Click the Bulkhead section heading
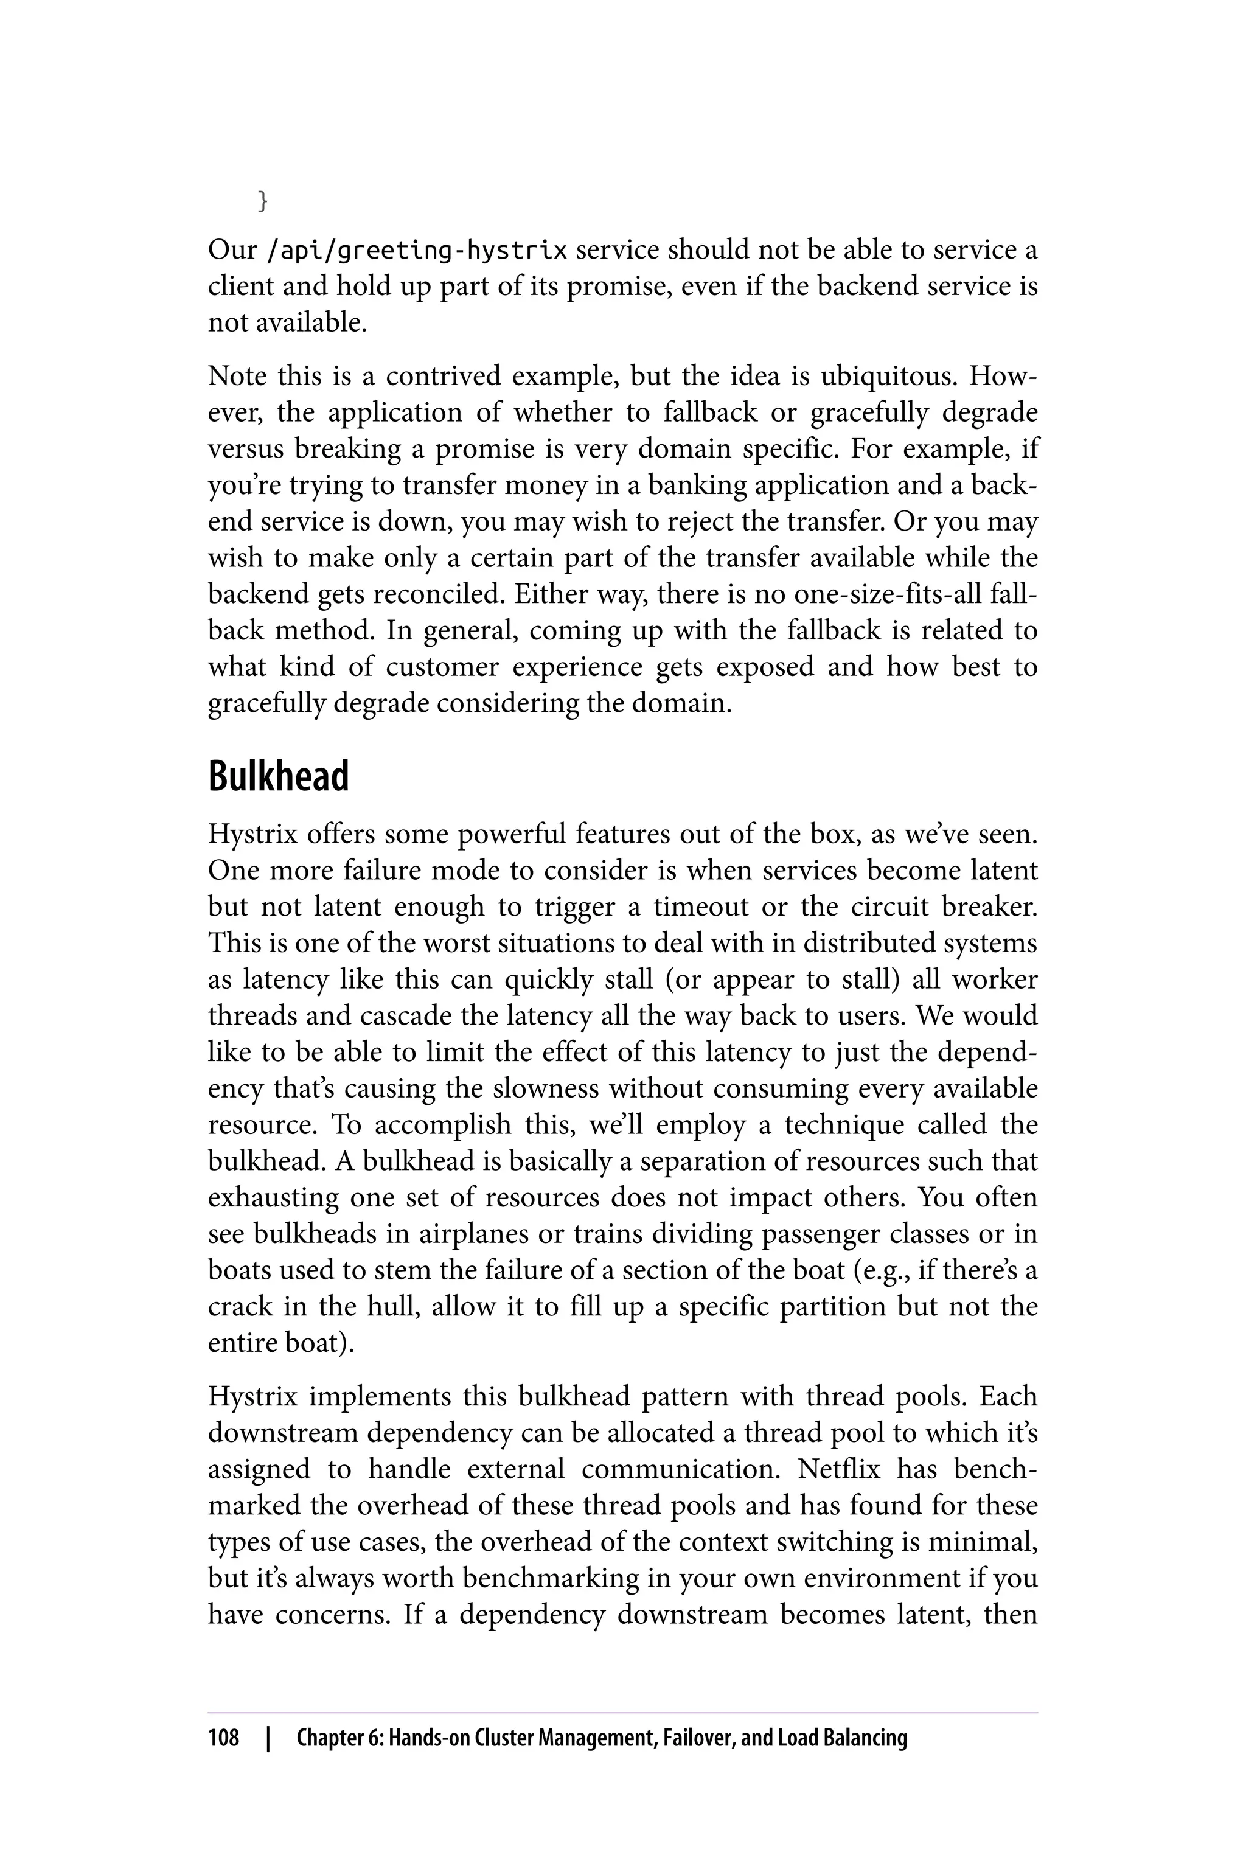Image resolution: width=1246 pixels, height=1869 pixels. (278, 776)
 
